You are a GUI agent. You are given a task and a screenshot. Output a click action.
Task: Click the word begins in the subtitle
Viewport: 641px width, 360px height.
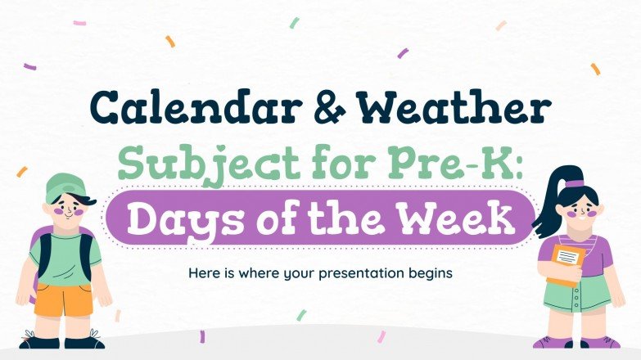pyautogui.click(x=423, y=272)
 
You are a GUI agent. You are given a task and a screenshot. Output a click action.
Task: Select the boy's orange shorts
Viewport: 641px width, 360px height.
pyautogui.click(x=61, y=299)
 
